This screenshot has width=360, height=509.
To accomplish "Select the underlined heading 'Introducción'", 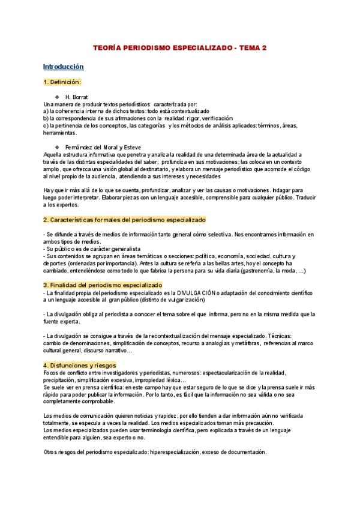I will click(63, 67).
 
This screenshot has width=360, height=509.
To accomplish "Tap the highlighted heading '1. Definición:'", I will click(62, 82).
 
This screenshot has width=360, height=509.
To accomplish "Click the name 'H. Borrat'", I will click(76, 97).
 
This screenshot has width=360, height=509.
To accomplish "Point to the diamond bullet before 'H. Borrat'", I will click(56, 97).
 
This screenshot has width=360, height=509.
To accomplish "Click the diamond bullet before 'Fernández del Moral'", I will click(56, 147).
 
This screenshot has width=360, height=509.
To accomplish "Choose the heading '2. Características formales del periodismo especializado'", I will click(124, 220).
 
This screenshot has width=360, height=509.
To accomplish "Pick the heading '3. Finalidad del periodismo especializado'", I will click(103, 285).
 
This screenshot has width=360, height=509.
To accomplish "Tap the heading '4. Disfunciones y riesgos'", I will click(80, 365).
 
